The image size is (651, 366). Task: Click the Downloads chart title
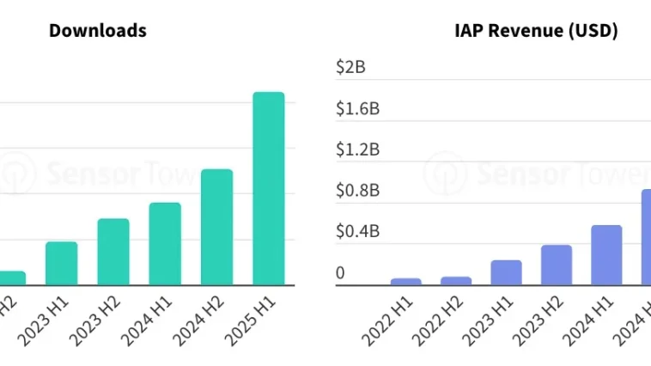tap(97, 31)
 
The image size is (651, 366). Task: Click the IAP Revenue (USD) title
tap(536, 31)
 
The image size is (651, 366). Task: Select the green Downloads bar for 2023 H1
tap(62, 263)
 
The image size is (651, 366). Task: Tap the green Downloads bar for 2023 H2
tap(113, 252)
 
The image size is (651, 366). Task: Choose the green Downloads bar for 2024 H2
tap(216, 227)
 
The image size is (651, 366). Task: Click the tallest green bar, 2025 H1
tap(268, 188)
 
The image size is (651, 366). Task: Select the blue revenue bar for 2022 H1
tap(405, 281)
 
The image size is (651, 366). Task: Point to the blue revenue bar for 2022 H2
tap(456, 280)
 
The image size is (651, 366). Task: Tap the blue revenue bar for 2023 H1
tap(507, 272)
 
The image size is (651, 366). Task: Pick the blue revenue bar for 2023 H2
tap(557, 265)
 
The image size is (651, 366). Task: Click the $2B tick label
tap(351, 67)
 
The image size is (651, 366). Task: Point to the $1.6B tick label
tap(359, 108)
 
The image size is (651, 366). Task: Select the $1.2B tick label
tap(359, 149)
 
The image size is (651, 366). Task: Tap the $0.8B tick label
tap(359, 191)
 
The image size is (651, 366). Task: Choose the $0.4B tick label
tap(359, 232)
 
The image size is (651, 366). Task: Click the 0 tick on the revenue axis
tap(341, 273)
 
